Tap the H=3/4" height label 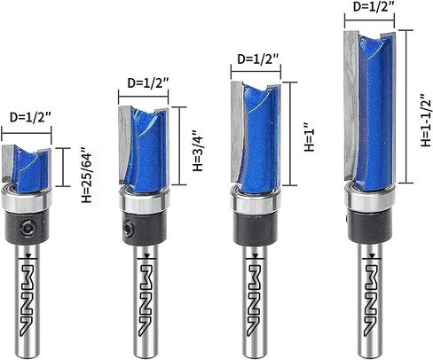[198, 151]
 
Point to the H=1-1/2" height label [426, 120]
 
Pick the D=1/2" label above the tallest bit [374, 6]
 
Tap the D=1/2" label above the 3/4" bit [148, 83]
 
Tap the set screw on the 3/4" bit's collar [128, 228]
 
